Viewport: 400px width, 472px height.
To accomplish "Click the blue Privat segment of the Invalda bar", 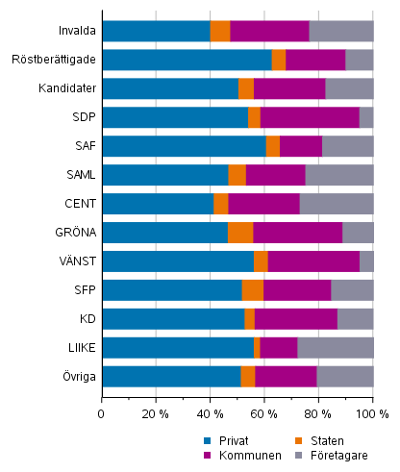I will point(156,31).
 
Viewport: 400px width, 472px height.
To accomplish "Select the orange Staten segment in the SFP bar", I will point(252,290).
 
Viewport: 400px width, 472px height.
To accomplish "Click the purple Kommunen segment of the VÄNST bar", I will point(313,261).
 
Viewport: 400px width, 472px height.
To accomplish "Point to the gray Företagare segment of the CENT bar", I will point(337,204).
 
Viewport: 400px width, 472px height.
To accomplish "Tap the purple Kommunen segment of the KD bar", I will point(296,319).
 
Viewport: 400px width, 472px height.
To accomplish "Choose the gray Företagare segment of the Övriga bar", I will point(344,376).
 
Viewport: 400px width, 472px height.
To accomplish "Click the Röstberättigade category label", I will point(53,60).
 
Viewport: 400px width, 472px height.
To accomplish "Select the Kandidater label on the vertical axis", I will point(65,88).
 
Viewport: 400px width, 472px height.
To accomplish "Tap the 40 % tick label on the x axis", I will point(210,413).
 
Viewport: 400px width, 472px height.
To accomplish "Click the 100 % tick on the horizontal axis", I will point(371,413).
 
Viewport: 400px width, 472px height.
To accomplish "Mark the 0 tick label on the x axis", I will point(102,413).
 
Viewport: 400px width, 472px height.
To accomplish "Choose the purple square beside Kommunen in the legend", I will point(208,455).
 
